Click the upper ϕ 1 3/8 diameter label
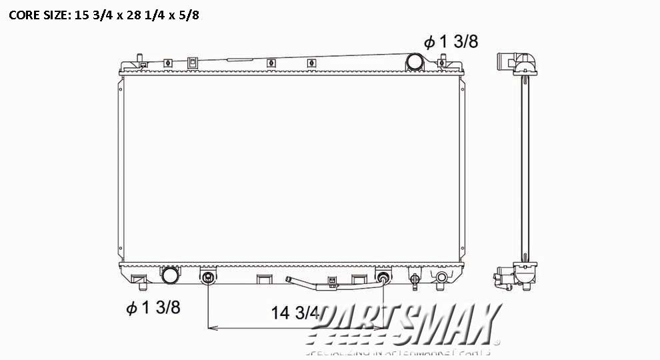point(451,42)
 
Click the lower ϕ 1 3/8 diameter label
point(153,307)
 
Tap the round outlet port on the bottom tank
point(171,275)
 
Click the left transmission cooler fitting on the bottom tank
point(209,277)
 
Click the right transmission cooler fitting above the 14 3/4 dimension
point(384,277)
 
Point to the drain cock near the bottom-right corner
point(441,277)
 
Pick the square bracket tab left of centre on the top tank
point(193,63)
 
